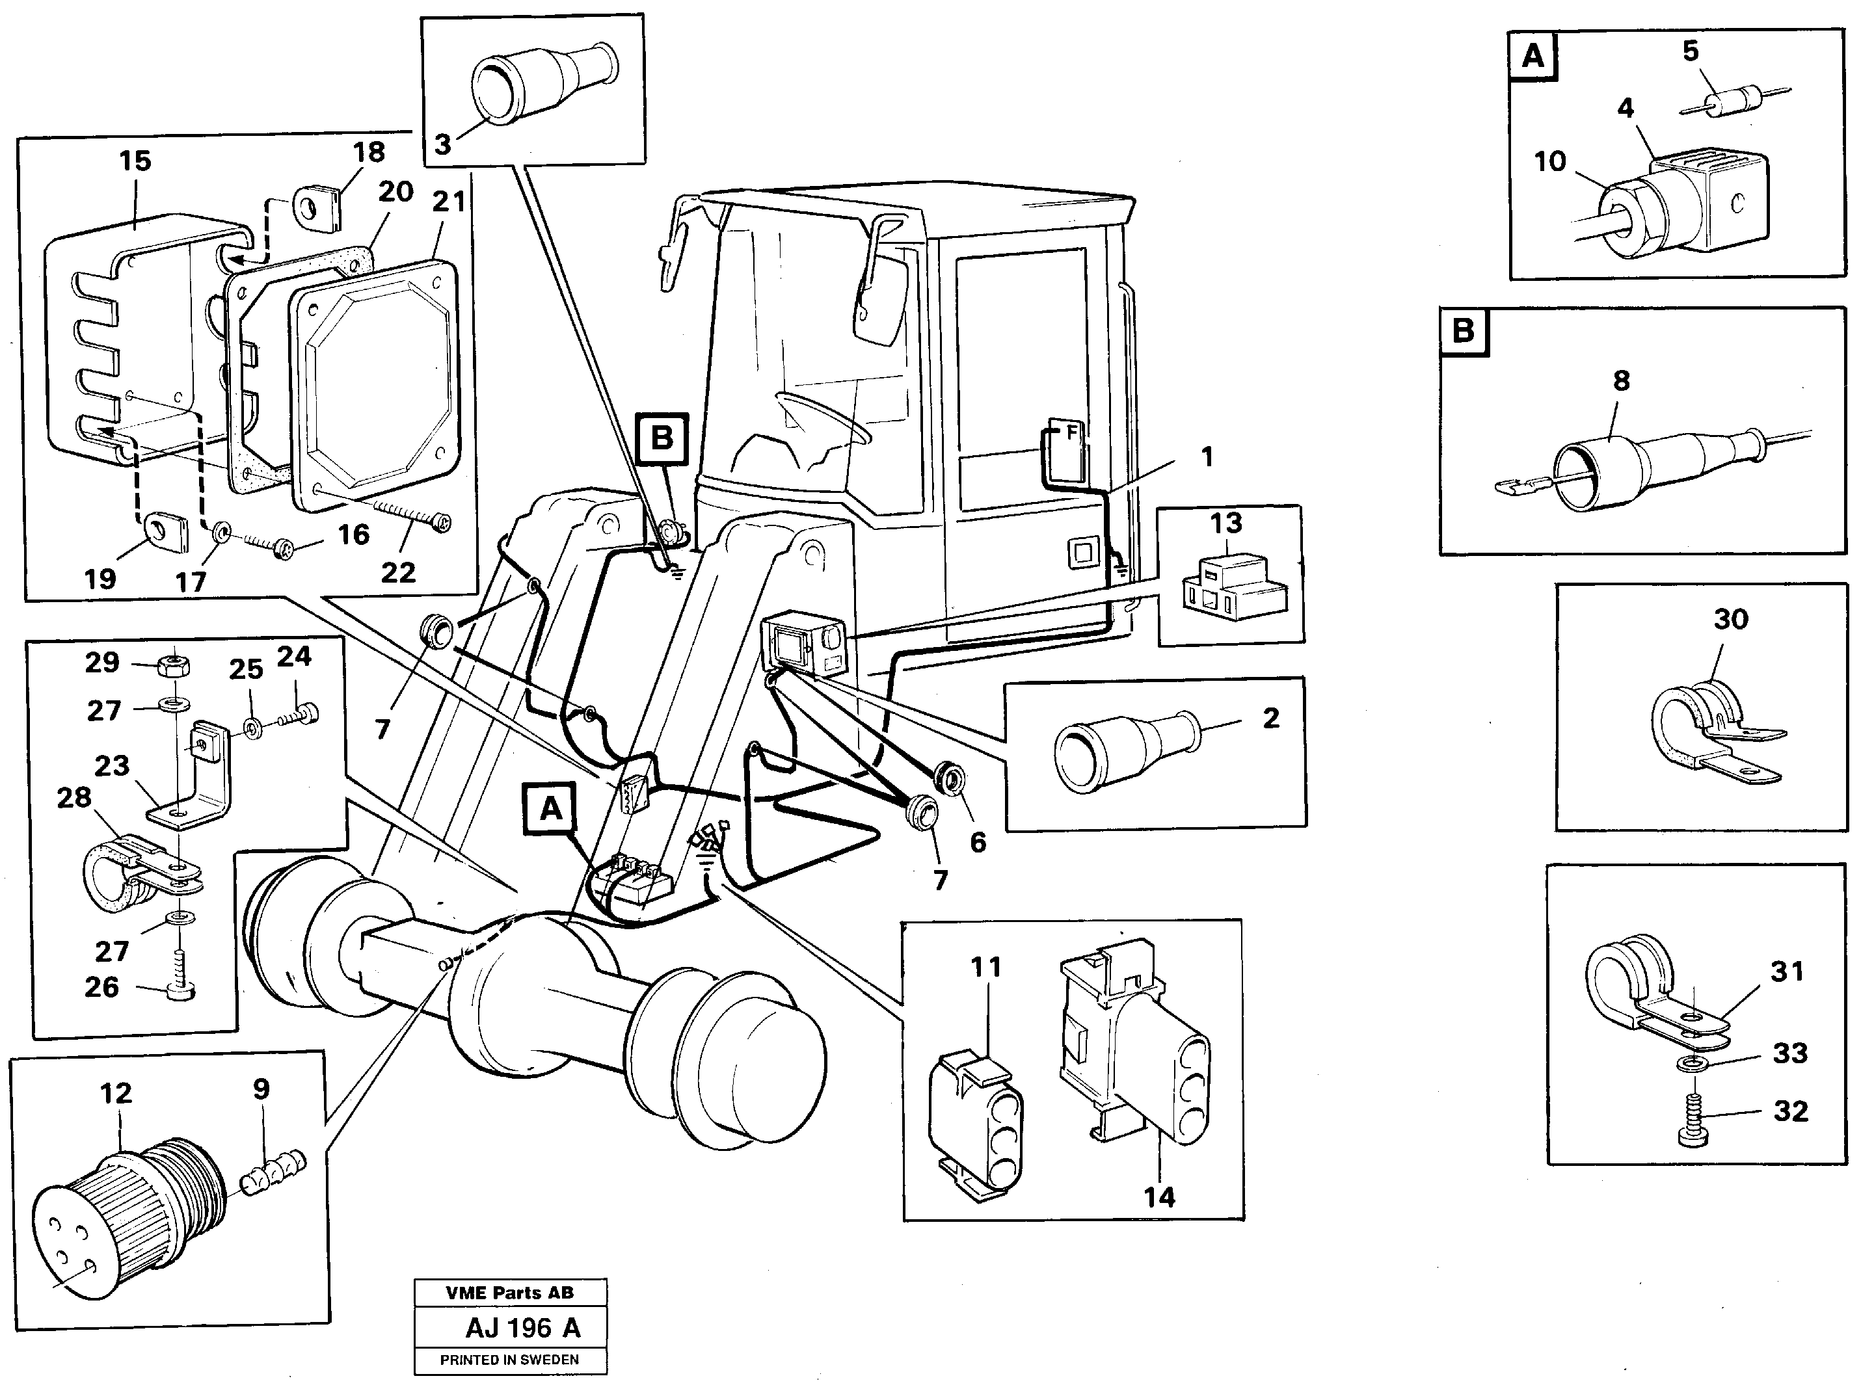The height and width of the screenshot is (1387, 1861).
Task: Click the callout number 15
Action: pyautogui.click(x=135, y=161)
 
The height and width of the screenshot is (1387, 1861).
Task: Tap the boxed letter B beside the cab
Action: pyautogui.click(x=662, y=438)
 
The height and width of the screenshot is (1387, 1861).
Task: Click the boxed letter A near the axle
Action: pyautogui.click(x=550, y=808)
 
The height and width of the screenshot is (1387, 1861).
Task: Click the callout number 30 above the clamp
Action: pyautogui.click(x=1730, y=620)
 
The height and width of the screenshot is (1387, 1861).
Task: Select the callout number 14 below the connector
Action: pyautogui.click(x=1159, y=1197)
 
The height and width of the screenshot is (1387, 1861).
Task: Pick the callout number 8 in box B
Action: pyautogui.click(x=1621, y=381)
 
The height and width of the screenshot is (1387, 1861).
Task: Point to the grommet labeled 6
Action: pyautogui.click(x=949, y=776)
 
